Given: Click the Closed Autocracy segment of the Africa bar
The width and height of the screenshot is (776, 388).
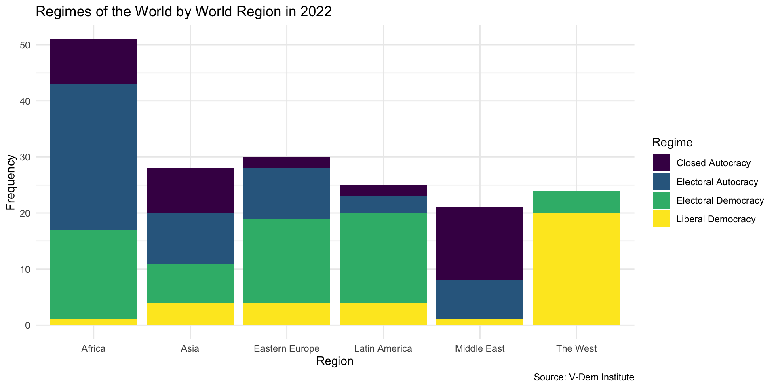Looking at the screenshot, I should (93, 61).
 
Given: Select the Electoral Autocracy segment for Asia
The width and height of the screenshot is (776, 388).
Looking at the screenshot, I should (190, 238).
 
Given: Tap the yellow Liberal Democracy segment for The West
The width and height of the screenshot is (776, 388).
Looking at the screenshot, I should (576, 269).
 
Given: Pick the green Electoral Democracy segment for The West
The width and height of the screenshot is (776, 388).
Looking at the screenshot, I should (576, 202).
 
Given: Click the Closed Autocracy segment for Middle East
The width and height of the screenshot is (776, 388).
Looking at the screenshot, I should (480, 244).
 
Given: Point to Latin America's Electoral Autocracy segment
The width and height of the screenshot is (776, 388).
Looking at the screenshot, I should (383, 205).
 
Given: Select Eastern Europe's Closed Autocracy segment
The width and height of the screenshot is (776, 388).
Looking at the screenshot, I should (287, 162).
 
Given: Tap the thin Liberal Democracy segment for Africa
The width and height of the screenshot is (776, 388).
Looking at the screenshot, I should (93, 322).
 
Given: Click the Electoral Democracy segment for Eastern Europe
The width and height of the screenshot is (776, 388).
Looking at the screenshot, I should (287, 260).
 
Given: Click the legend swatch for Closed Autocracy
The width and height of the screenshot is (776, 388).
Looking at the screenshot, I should (661, 163).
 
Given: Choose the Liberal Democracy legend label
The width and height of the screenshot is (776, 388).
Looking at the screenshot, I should (716, 219).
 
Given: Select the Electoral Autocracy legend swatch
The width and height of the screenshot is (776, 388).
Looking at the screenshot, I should (661, 182).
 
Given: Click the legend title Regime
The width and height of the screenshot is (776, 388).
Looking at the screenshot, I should (672, 142).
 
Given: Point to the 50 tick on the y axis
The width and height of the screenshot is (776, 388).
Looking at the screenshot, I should (25, 45).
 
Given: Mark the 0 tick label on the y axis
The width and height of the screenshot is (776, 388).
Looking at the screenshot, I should (27, 325).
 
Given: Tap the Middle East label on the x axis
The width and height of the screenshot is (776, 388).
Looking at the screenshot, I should (480, 348).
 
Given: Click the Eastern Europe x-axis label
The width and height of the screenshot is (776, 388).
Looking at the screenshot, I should (287, 348).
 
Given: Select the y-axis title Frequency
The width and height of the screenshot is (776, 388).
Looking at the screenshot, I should (11, 182).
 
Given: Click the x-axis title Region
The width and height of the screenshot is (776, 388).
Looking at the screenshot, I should (335, 361).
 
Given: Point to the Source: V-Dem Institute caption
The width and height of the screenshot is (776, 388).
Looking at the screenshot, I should (584, 377).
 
